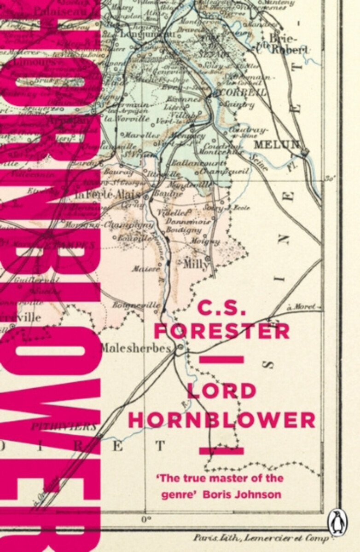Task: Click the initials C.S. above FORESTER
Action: point(221,305)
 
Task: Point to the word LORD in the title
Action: point(221,391)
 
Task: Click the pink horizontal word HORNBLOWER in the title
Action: point(221,419)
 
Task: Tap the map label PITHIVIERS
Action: point(64,426)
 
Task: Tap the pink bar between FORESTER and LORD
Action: point(221,360)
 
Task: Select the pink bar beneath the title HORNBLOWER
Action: point(221,451)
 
